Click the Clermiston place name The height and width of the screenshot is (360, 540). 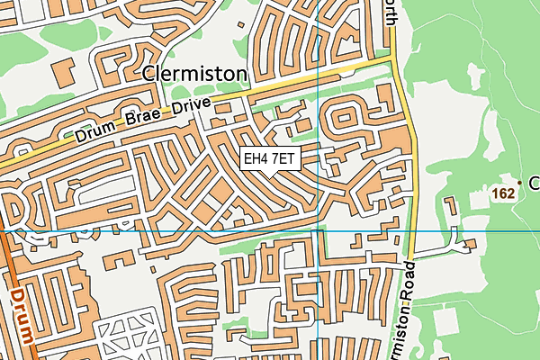tap(194, 73)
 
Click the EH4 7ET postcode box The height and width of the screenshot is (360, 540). tap(269, 158)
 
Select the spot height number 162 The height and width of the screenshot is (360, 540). tap(503, 193)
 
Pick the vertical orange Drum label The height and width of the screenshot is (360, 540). tap(23, 316)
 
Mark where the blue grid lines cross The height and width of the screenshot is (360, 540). tap(319, 230)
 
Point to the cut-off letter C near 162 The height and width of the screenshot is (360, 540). tap(533, 184)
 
